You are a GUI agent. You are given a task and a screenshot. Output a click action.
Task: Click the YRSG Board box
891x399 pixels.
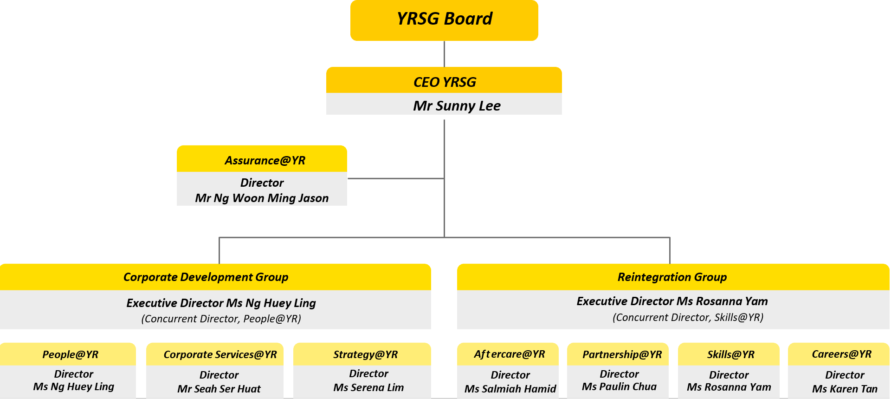coord(444,20)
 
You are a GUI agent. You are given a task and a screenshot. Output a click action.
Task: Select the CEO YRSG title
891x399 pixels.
coord(445,82)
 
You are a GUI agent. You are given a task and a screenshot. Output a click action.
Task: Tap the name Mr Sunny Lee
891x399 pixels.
coord(457,106)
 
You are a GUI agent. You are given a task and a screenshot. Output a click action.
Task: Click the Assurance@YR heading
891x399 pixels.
coord(265,161)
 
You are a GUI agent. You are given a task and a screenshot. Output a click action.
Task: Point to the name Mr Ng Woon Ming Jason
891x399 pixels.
coord(262,198)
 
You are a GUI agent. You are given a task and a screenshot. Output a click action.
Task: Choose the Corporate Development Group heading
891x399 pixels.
coord(206,277)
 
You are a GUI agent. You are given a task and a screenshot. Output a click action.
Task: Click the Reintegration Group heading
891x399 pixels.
coord(672,277)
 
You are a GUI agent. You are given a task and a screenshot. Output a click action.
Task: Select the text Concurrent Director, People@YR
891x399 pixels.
coord(221,319)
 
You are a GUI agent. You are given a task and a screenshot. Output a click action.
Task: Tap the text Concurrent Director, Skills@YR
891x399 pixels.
coord(688,317)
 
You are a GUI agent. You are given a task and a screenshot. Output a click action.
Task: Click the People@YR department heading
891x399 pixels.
coord(70,355)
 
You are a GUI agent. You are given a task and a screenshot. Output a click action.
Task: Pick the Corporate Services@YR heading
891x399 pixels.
coord(220,355)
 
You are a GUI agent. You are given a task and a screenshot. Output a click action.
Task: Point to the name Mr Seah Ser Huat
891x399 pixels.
coord(219,389)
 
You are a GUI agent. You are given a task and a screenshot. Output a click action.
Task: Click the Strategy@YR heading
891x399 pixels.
coord(365,355)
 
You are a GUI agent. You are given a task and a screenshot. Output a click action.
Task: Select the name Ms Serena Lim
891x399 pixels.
coord(368,387)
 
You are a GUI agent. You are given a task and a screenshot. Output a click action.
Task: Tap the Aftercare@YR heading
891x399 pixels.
coord(509,354)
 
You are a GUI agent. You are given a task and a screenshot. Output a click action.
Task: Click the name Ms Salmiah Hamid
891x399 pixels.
coord(510,389)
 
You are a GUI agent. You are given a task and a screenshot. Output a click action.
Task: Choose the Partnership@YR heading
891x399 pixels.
coord(622,355)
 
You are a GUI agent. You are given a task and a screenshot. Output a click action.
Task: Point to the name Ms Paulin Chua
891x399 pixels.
coord(619,386)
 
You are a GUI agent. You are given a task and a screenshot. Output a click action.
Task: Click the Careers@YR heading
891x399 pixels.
coord(841,354)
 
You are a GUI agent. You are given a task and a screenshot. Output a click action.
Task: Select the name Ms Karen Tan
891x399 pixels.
coord(845,389)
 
